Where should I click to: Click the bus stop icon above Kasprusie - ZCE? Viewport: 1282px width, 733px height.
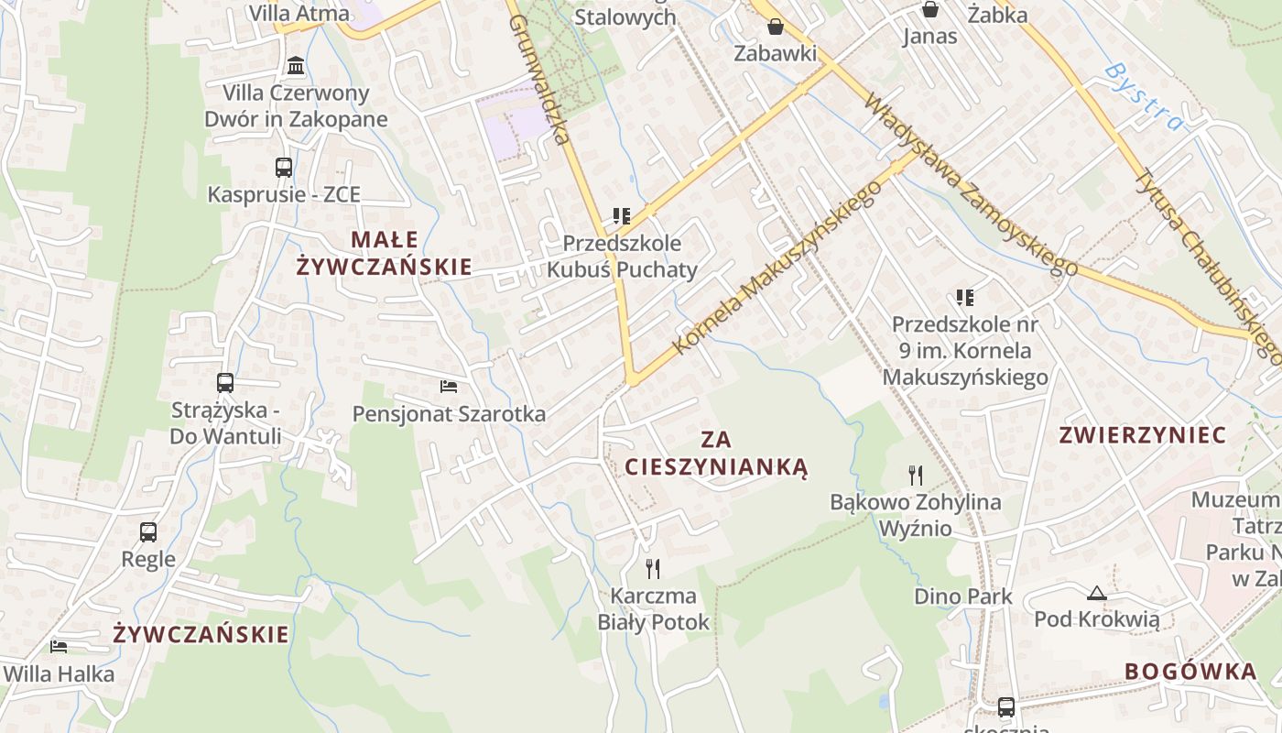tap(284, 168)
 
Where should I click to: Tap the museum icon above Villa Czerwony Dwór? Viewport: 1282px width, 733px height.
tap(296, 66)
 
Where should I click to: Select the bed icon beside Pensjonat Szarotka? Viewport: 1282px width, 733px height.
tap(449, 387)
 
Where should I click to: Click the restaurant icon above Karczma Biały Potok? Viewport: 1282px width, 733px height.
tap(653, 569)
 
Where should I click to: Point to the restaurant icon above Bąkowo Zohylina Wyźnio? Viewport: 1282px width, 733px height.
tap(915, 475)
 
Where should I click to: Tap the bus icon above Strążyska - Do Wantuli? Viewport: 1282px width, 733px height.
tap(225, 383)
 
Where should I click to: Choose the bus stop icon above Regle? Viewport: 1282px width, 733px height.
tap(148, 531)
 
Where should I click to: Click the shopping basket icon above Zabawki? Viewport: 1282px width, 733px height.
tap(776, 27)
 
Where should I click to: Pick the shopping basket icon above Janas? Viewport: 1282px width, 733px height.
tap(930, 10)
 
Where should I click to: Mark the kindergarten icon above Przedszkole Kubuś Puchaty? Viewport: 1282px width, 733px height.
tap(623, 216)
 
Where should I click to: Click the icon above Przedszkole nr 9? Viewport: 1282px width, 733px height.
tap(964, 297)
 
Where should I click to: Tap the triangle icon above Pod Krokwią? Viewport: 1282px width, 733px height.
tap(1097, 593)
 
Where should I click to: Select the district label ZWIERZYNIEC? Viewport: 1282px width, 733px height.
tap(1142, 435)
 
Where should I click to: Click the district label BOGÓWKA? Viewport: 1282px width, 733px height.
tap(1190, 671)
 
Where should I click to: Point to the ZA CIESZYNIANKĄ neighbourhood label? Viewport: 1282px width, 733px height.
tap(716, 453)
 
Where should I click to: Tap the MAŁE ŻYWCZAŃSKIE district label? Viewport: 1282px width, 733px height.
tap(385, 253)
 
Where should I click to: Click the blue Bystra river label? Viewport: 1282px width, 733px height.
tap(1144, 95)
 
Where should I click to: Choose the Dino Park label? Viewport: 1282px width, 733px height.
tap(963, 596)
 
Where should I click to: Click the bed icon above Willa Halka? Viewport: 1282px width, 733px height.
tap(59, 647)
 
